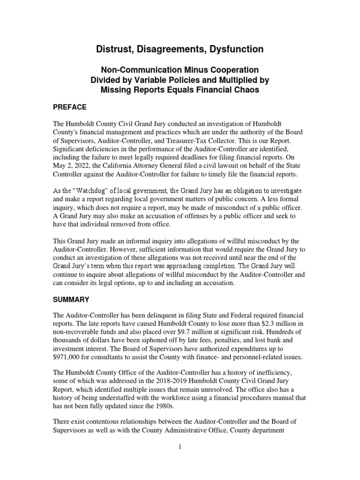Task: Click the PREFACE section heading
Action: tap(71, 107)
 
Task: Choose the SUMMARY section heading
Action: tap(72, 299)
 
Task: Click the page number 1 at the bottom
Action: tap(180, 448)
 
